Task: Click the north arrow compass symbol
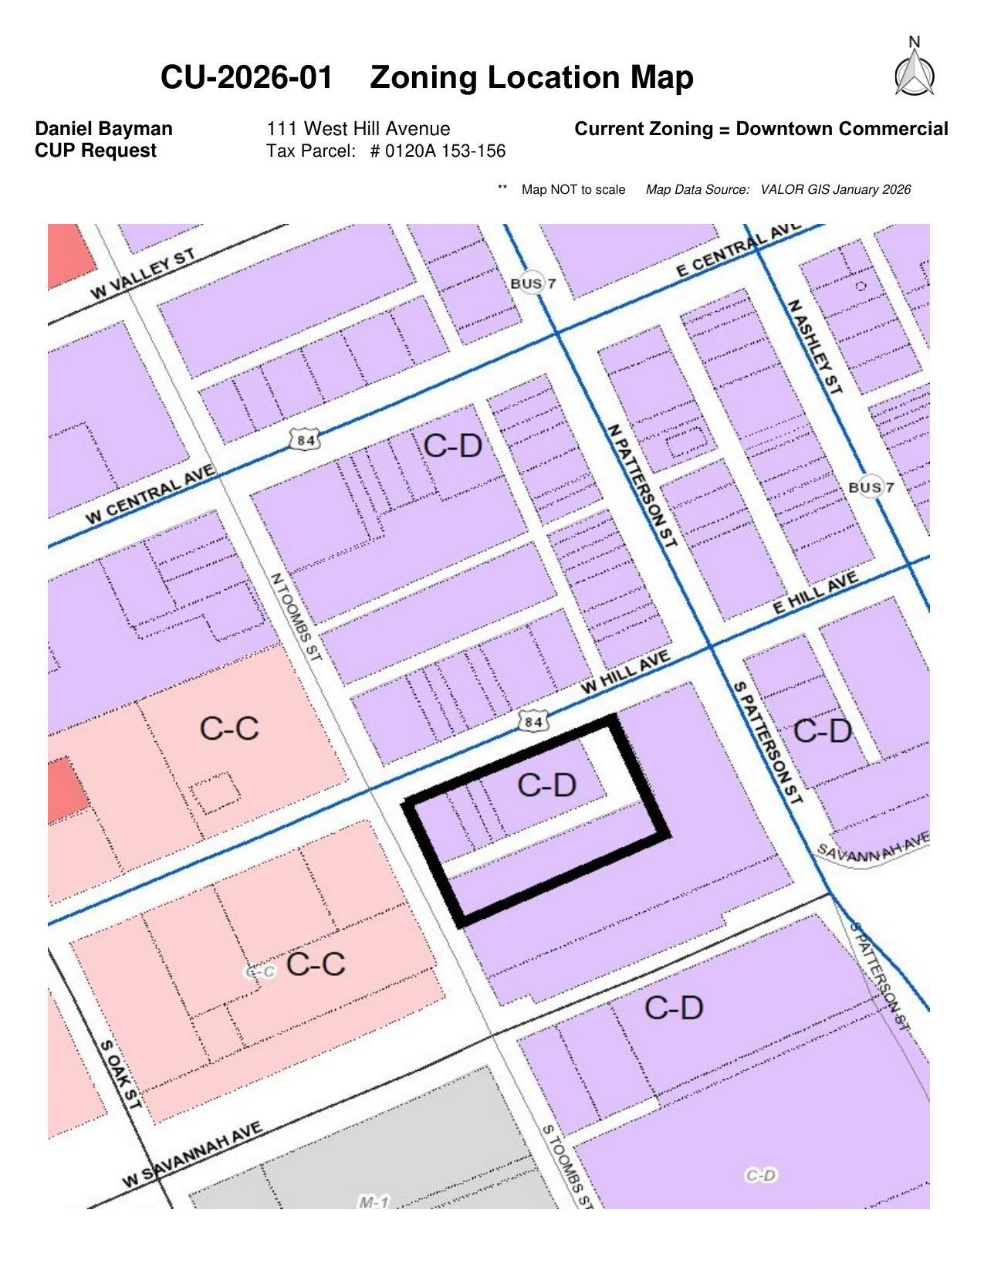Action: pyautogui.click(x=915, y=72)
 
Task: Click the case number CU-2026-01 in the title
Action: pyautogui.click(x=247, y=78)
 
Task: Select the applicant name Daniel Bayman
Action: pyautogui.click(x=103, y=129)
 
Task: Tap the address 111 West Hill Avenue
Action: pyautogui.click(x=358, y=129)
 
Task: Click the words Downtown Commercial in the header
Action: pyautogui.click(x=841, y=129)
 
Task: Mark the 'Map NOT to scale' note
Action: pyautogui.click(x=573, y=190)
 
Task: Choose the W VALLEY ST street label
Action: pyautogui.click(x=143, y=274)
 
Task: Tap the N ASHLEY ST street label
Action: pyautogui.click(x=814, y=347)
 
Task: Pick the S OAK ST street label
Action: pyautogui.click(x=122, y=1074)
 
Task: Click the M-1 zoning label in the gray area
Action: pyautogui.click(x=374, y=1202)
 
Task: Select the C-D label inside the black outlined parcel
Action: pyautogui.click(x=546, y=785)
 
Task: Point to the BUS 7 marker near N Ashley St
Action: pyautogui.click(x=871, y=487)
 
